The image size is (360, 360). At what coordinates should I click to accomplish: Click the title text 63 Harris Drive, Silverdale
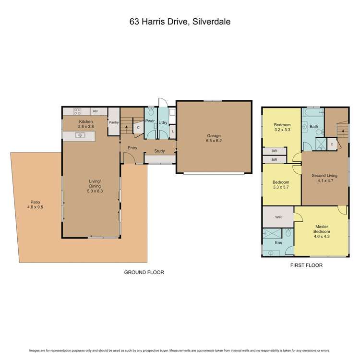180,22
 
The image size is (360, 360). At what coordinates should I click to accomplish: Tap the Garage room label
213,136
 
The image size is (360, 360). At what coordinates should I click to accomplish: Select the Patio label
35,203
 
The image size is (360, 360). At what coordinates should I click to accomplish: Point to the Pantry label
114,122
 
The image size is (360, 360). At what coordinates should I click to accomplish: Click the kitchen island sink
80,136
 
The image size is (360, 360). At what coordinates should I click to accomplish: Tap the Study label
159,152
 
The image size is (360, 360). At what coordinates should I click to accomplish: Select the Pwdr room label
149,122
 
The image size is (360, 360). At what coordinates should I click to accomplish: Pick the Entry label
132,148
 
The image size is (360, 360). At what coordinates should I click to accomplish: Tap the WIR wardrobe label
278,217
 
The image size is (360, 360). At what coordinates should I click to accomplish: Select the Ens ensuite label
278,243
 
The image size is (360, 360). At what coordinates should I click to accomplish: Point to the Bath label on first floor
314,127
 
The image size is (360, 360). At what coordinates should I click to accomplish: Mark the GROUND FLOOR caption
144,272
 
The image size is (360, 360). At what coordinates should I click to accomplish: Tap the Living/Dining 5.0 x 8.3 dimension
95,190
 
